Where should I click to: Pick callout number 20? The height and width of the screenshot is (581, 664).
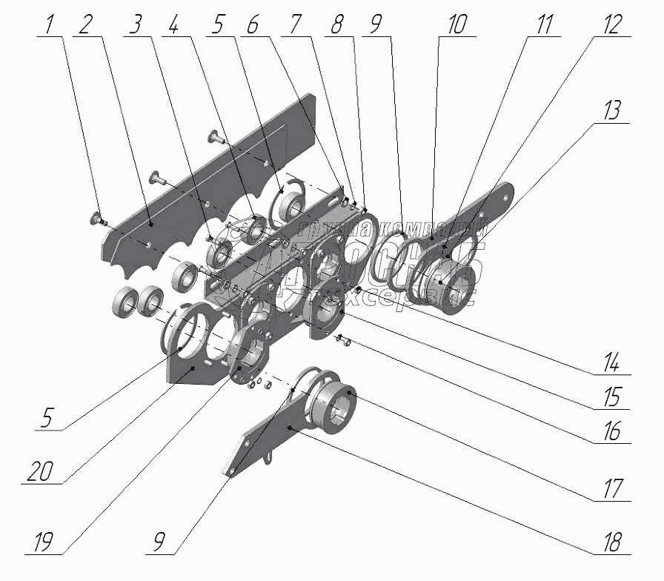[x=41, y=471]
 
